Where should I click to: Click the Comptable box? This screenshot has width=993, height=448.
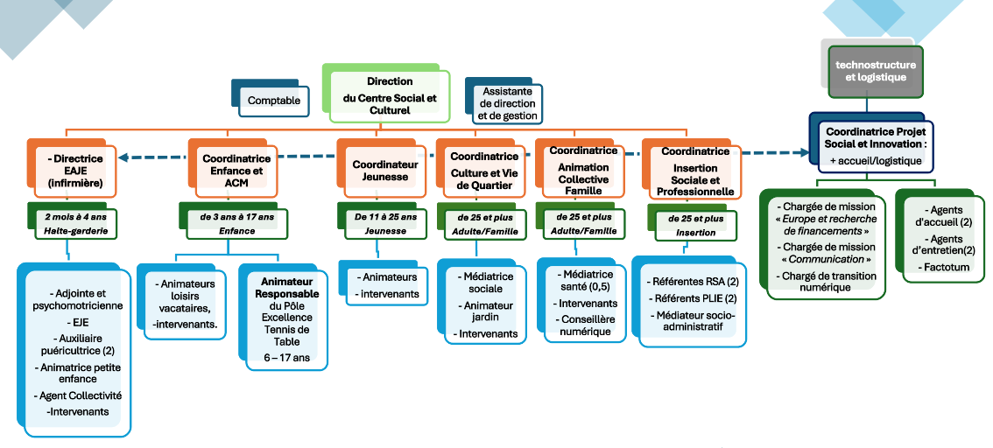coord(273,101)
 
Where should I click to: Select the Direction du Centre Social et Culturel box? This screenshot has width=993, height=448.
coord(390,95)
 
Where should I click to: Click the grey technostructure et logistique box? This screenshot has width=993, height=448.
coord(875,71)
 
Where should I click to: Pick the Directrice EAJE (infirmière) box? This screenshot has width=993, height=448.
coord(77,171)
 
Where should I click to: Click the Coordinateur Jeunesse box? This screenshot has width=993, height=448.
coord(380,170)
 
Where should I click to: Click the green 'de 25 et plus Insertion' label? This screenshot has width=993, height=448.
coord(695,226)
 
